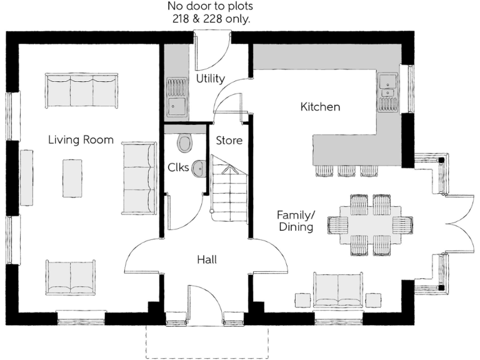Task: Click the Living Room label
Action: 81,140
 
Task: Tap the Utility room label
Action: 210,79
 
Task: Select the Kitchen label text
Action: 320,107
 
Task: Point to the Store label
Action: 229,141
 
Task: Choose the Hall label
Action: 206,259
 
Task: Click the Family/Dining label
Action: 296,221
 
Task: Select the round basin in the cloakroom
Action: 199,168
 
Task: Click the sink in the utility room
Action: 177,96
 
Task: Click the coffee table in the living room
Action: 72,178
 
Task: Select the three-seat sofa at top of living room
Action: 81,90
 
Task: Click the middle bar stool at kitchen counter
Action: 346,170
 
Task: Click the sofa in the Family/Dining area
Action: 337,291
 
